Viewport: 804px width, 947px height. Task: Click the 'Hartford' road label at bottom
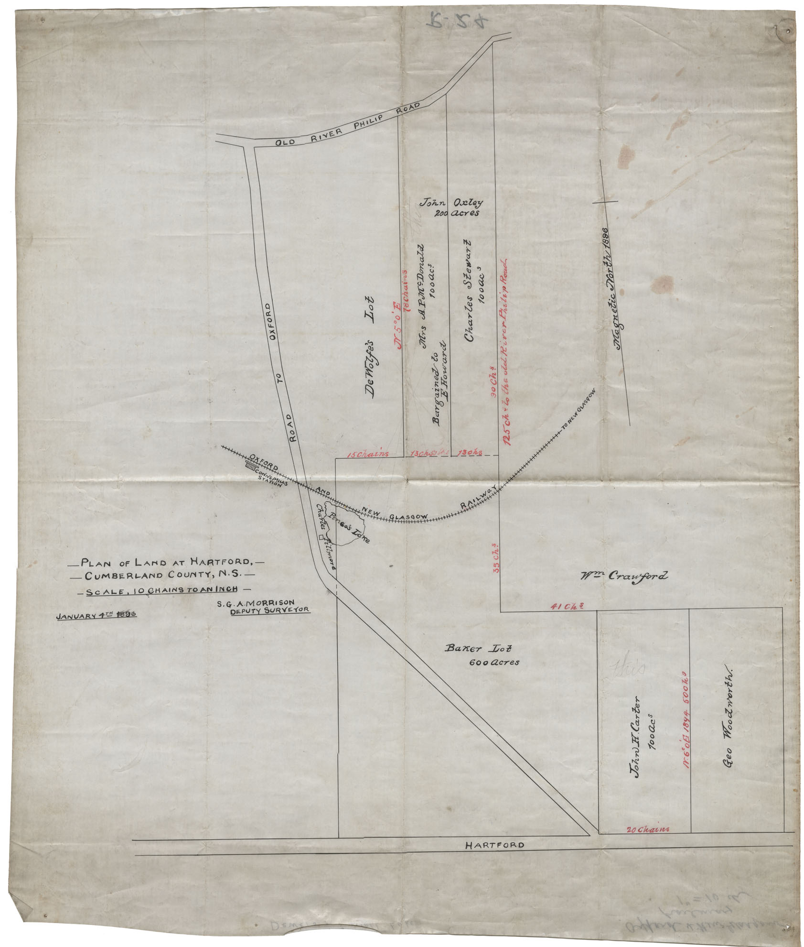(x=494, y=845)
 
